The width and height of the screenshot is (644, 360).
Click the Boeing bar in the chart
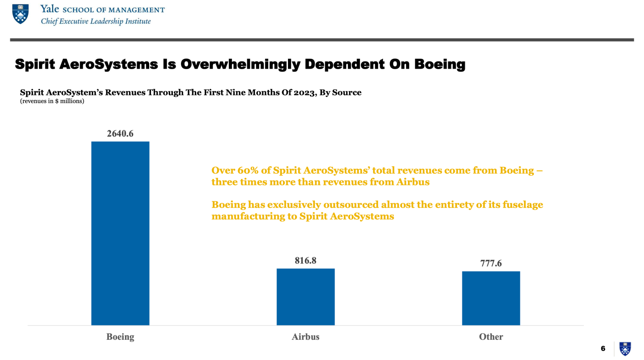pos(120,233)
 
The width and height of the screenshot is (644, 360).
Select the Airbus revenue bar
pos(305,296)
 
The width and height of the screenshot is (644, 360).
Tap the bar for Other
pos(491,298)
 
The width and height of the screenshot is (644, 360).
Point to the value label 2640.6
pos(120,133)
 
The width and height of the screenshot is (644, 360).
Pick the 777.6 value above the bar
pos(491,263)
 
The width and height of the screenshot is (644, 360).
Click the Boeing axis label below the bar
pos(120,337)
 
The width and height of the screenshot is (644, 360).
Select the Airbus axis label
pos(305,337)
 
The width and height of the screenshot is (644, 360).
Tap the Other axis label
pos(491,337)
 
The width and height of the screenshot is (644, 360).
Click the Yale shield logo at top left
pos(20,14)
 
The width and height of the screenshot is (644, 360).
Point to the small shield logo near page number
pos(625,348)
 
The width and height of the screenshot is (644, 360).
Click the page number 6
pos(603,348)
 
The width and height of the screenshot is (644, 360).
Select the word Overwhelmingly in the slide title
pos(240,64)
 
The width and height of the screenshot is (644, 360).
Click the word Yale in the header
pos(50,9)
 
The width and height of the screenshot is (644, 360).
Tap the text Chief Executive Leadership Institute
pos(96,21)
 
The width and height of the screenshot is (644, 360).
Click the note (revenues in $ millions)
pos(52,101)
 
